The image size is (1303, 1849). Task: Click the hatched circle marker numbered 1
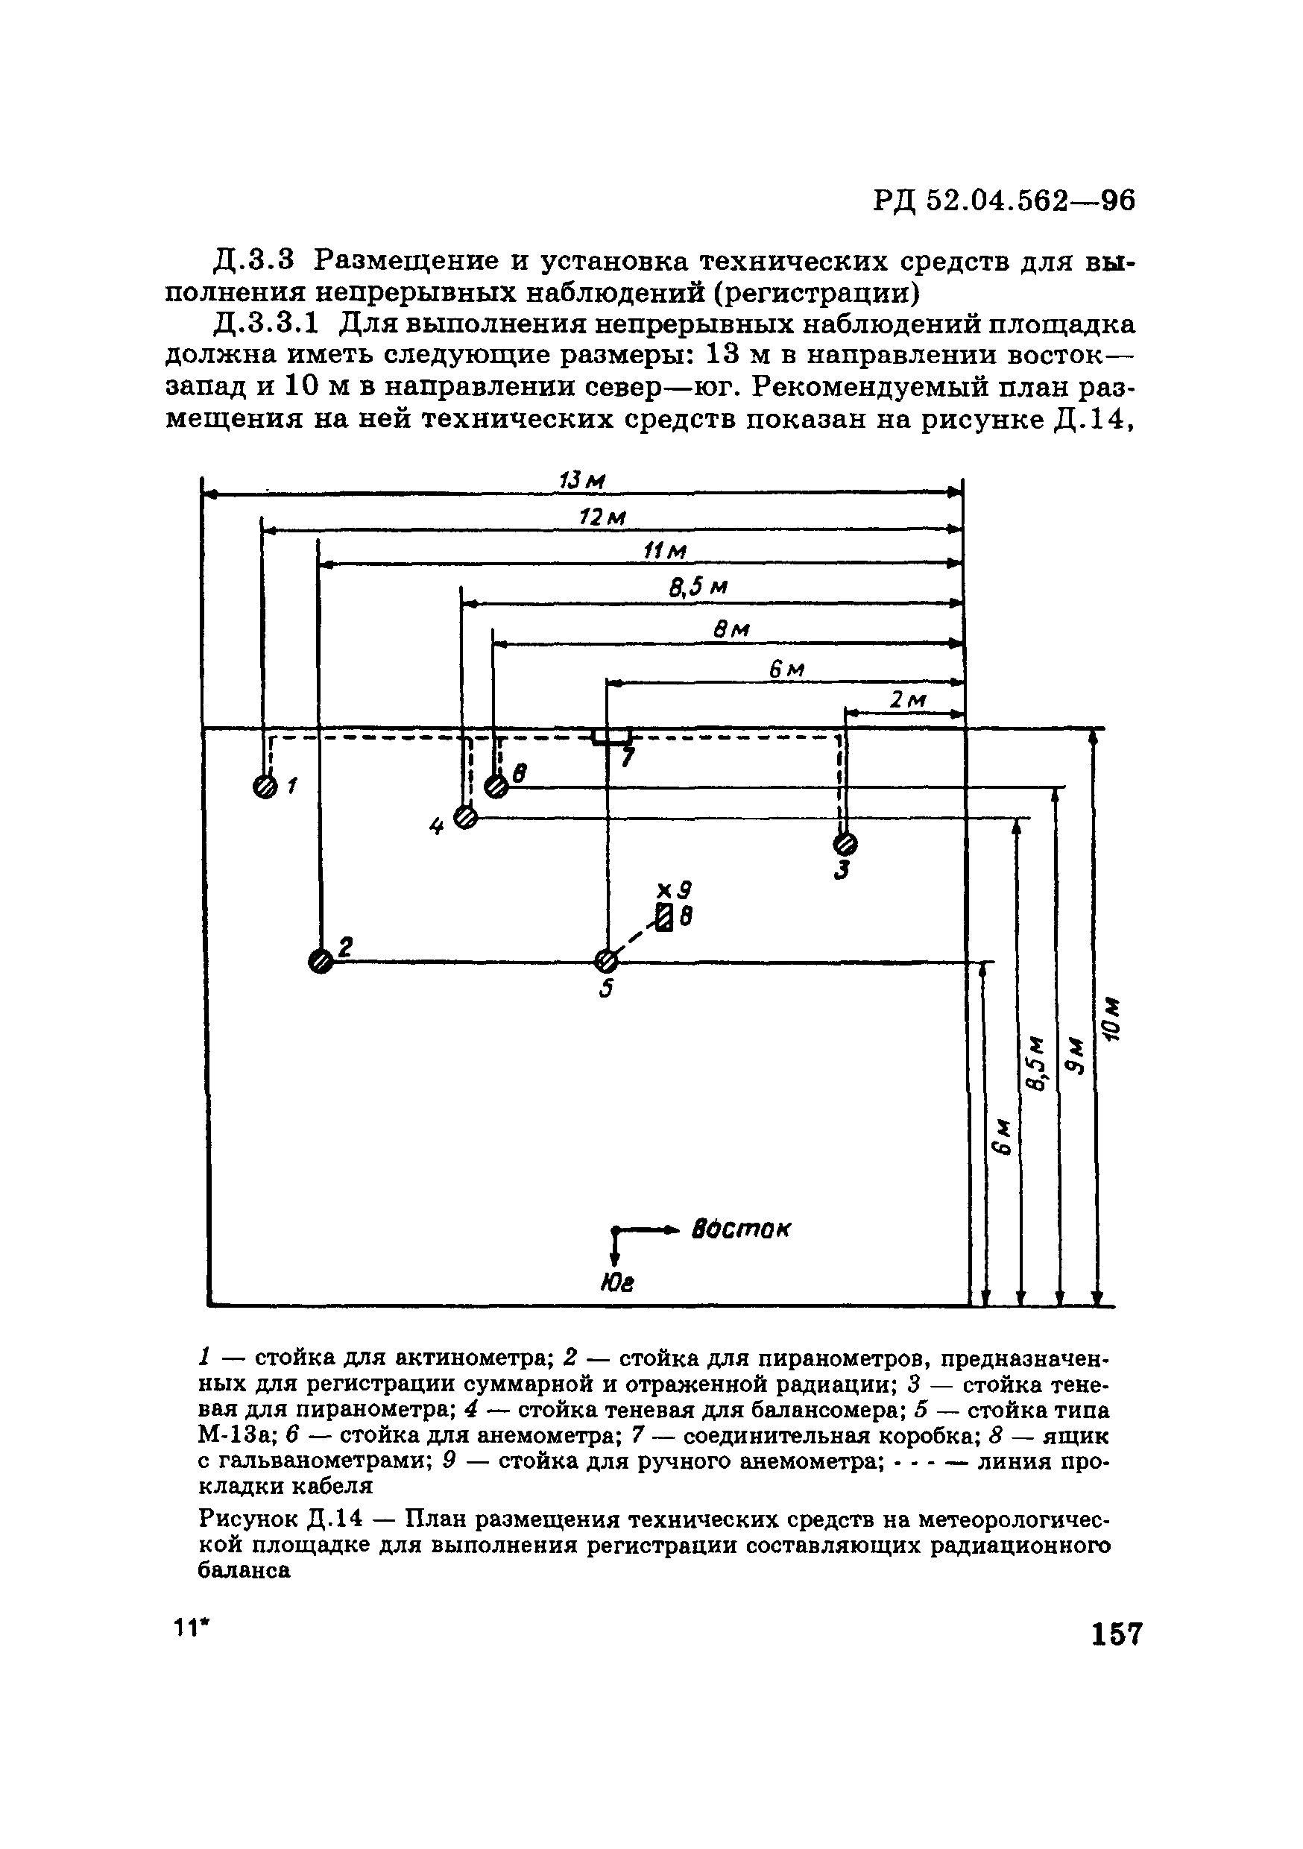coord(264,786)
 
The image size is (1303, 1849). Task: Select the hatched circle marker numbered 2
coord(321,961)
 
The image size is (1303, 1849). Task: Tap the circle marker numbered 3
coord(845,843)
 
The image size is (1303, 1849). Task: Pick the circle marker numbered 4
coord(465,817)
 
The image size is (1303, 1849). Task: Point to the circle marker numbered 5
coord(605,960)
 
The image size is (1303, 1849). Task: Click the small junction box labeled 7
coord(612,736)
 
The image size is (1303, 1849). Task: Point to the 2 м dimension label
coord(908,701)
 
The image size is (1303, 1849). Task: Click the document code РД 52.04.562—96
coord(1004,200)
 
